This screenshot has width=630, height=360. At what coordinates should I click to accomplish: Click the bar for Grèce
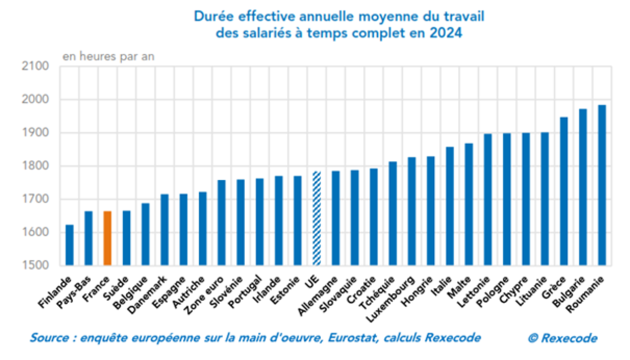point(563,191)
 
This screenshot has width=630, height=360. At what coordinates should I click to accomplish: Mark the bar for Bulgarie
point(583,187)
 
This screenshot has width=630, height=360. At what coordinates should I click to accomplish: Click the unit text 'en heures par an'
point(109,56)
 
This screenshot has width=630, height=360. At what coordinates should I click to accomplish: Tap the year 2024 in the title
point(448,33)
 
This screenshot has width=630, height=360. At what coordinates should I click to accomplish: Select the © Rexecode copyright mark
point(562,338)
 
